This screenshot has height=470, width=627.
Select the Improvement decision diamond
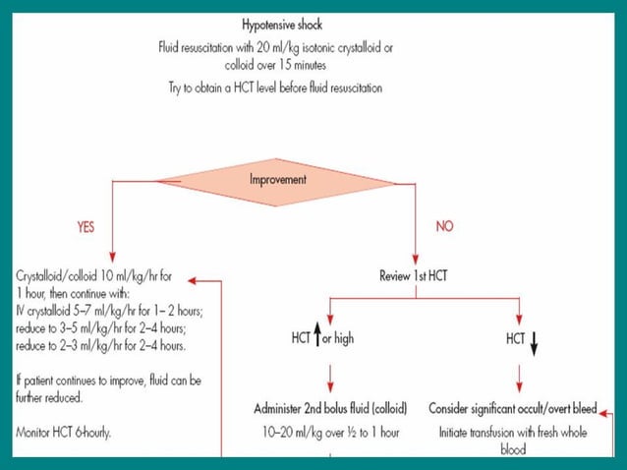pyautogui.click(x=276, y=180)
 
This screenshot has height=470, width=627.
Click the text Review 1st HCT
pyautogui.click(x=413, y=276)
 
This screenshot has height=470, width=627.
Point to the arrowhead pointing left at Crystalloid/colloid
pyautogui.click(x=194, y=279)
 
